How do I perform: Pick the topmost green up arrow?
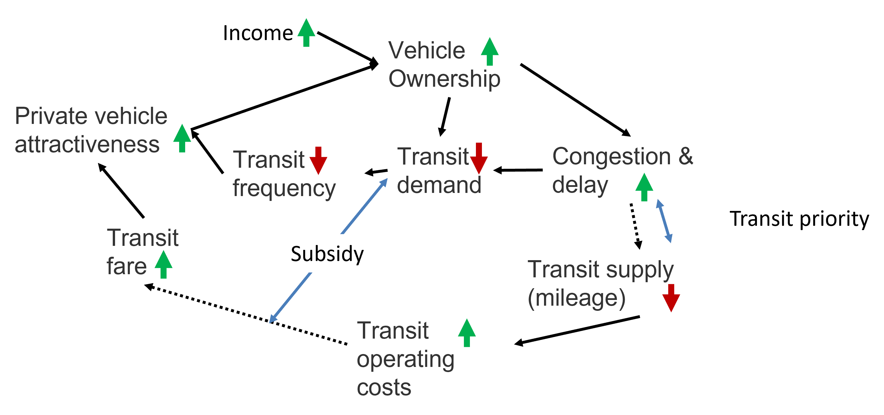click(x=306, y=32)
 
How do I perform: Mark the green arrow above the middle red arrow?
click(x=490, y=51)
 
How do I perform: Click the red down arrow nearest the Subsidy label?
click(x=318, y=161)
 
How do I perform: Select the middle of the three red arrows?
click(x=479, y=158)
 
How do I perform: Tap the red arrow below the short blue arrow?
click(x=671, y=298)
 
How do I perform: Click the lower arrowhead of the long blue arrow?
click(x=273, y=319)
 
